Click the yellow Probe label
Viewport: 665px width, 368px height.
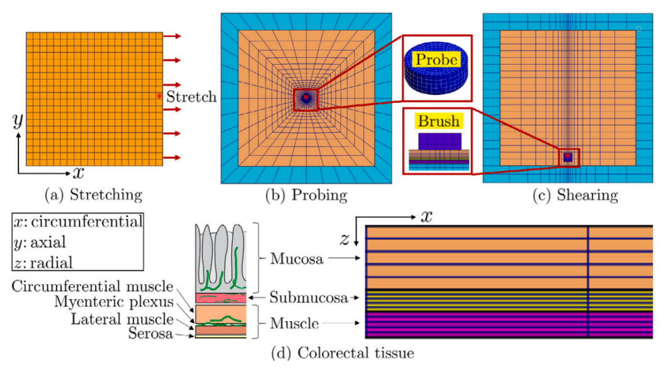437,59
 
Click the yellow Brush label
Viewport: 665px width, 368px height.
438,121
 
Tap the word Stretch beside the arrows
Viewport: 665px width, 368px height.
191,97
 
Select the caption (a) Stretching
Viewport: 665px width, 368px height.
94,195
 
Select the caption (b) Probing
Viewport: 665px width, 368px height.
306,195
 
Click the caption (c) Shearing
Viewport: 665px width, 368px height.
576,195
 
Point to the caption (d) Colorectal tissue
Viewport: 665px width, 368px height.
343,353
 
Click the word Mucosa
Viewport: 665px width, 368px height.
296,258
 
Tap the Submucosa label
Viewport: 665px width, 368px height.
308,298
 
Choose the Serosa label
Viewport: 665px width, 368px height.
151,333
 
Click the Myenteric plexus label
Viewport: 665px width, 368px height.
114,302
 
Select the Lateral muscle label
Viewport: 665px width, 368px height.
122,319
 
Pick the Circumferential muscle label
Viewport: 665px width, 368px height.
92,286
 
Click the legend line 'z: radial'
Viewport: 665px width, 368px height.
43,263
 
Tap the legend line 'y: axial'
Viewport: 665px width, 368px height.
39,242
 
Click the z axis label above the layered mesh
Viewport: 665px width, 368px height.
344,240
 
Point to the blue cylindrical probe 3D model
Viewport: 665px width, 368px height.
436,68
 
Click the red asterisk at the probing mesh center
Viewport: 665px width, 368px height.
306,97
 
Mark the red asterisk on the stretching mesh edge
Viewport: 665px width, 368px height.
159,97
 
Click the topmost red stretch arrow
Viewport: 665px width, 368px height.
172,36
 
